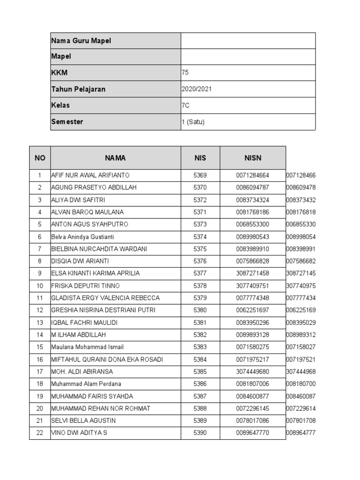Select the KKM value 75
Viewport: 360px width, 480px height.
pyautogui.click(x=185, y=73)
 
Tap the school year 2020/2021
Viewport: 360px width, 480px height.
pyautogui.click(x=196, y=89)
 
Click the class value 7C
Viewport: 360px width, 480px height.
pyautogui.click(x=186, y=105)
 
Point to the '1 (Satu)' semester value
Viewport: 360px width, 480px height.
pyautogui.click(x=193, y=122)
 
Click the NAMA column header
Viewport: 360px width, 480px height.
pyautogui.click(x=115, y=158)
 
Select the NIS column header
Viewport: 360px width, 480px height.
pyautogui.click(x=200, y=158)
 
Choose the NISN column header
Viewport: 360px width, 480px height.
pyautogui.click(x=253, y=158)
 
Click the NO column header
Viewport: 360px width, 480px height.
pyautogui.click(x=40, y=158)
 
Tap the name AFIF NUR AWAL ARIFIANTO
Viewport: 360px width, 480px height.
pyautogui.click(x=90, y=175)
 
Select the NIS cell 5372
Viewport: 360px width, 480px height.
pyautogui.click(x=200, y=200)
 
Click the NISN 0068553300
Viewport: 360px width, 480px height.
pyautogui.click(x=253, y=224)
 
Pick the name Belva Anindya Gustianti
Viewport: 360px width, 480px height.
pyautogui.click(x=82, y=237)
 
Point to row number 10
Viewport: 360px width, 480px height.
pyautogui.click(x=40, y=285)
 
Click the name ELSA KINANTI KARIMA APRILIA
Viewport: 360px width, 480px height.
pyautogui.click(x=95, y=273)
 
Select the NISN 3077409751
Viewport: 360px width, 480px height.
pyautogui.click(x=253, y=285)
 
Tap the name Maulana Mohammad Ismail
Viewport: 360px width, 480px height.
pyautogui.click(x=87, y=347)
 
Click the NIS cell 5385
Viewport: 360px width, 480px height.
pyautogui.click(x=200, y=371)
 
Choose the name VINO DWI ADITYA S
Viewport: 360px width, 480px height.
pyautogui.click(x=79, y=433)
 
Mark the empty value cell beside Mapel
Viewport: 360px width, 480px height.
pyautogui.click(x=248, y=57)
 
